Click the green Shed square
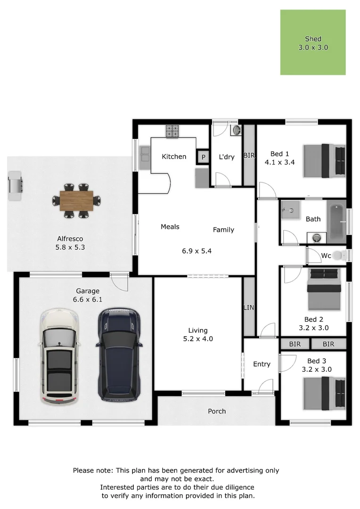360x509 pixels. (x=313, y=42)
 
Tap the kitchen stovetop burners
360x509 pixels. (x=172, y=131)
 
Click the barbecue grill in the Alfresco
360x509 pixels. (x=15, y=185)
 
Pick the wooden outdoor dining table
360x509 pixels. (x=76, y=200)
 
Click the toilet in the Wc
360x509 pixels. (x=343, y=255)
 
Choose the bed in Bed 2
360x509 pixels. (x=324, y=290)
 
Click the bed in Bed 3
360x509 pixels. (x=325, y=393)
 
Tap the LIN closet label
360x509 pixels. (x=248, y=308)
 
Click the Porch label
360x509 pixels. (x=217, y=411)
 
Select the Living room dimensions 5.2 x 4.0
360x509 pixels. (x=198, y=338)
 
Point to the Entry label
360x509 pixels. (x=262, y=364)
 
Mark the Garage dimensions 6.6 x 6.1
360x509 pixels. (x=88, y=299)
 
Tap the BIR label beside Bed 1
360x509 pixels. (x=249, y=155)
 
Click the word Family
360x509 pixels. (x=223, y=230)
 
